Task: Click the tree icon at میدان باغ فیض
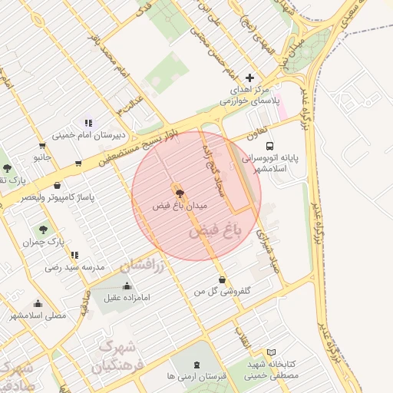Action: point(180,193)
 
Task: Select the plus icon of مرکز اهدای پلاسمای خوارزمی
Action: point(249,78)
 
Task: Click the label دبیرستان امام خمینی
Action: point(88,136)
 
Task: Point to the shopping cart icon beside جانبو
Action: point(41,145)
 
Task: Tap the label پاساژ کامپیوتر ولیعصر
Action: point(58,197)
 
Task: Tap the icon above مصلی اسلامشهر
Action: point(38,304)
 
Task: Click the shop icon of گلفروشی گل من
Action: point(223,279)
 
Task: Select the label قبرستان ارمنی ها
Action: point(196,378)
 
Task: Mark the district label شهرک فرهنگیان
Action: point(117,357)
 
